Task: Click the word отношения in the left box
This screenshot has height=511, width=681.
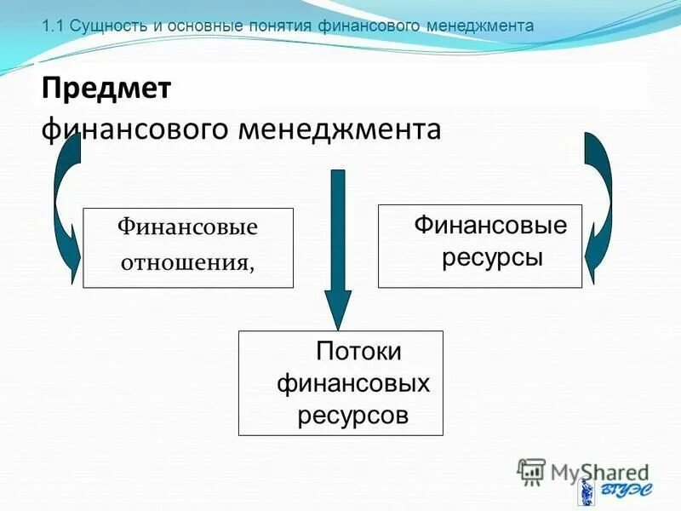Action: click(x=186, y=262)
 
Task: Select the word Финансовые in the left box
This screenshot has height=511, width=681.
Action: click(x=187, y=227)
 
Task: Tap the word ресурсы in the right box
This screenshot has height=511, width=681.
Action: click(x=491, y=255)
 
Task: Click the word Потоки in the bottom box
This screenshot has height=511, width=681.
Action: click(x=358, y=351)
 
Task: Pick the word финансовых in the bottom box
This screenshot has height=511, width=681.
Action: click(x=353, y=383)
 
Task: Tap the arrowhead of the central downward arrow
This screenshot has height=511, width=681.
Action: click(x=338, y=311)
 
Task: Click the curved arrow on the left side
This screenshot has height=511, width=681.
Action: click(x=61, y=204)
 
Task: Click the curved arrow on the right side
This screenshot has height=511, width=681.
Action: click(x=602, y=200)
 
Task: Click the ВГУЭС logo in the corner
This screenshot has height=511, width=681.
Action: click(x=609, y=491)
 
